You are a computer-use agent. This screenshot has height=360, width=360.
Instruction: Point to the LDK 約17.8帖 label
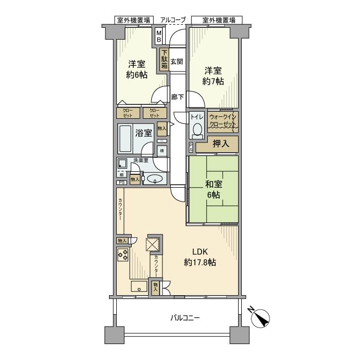coord(200,257)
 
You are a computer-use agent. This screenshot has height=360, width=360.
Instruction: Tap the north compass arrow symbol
coord(262,319)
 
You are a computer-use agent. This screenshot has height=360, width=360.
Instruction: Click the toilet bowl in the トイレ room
coord(197,129)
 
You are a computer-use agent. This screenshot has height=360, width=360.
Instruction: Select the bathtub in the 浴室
coord(127,136)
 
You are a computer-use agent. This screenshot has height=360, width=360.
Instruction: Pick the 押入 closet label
coord(221,145)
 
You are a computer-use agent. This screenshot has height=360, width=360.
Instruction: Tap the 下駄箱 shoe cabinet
coord(164,59)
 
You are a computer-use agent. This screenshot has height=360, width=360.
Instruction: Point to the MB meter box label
coord(159,36)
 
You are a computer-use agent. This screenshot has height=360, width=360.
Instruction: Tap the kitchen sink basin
coord(139,286)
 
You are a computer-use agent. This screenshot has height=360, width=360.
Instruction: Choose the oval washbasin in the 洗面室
coord(154,179)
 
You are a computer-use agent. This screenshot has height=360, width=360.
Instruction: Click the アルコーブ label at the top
coord(173,20)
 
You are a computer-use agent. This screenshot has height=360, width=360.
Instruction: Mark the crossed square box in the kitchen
coord(154,244)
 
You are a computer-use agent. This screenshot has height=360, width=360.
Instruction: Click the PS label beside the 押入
coord(191,148)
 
